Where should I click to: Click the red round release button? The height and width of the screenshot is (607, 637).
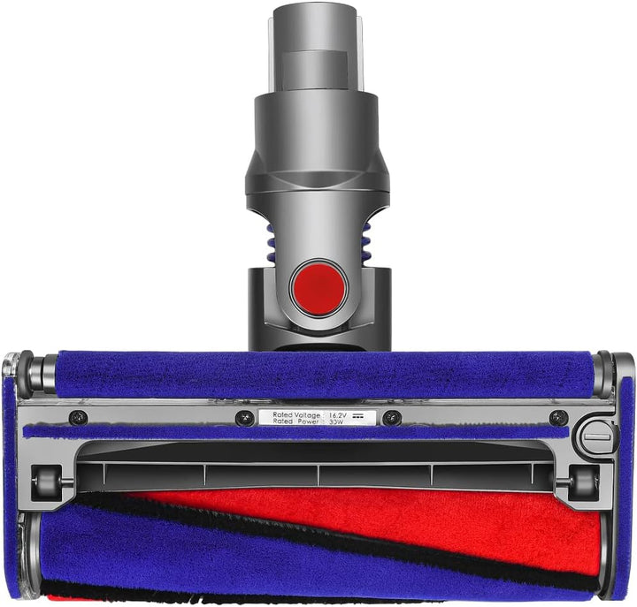(318, 288)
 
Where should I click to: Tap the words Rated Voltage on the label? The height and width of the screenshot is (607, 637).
(295, 414)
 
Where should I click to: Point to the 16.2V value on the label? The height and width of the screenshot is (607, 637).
(340, 414)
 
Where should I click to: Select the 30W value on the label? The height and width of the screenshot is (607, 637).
(336, 421)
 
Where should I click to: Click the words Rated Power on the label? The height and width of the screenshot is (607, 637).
(295, 421)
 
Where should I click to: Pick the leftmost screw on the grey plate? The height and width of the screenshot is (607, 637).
(78, 417)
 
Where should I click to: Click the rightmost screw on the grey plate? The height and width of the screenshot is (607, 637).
(558, 417)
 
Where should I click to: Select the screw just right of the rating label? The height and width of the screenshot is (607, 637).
(391, 418)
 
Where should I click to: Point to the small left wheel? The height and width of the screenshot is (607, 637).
(45, 482)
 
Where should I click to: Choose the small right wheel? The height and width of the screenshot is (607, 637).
(583, 482)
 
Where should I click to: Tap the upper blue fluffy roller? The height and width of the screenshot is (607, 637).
(318, 375)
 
